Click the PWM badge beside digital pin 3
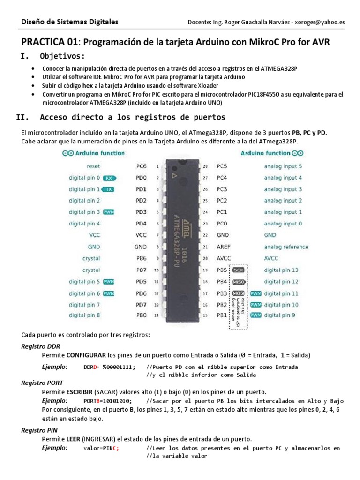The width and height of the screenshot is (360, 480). (x=109, y=212)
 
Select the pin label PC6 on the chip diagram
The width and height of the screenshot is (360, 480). (x=141, y=166)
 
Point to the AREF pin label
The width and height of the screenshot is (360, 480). (x=223, y=247)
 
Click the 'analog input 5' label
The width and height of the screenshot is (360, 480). (x=283, y=166)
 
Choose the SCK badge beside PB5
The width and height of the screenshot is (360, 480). (x=239, y=270)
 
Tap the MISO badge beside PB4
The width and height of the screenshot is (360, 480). (x=239, y=282)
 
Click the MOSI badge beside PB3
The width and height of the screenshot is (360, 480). (x=239, y=293)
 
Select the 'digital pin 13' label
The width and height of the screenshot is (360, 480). (x=281, y=270)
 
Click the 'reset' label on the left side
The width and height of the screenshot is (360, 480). (x=93, y=166)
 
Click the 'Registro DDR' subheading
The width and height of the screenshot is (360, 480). (x=41, y=346)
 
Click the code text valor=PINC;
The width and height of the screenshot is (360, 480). (x=102, y=448)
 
